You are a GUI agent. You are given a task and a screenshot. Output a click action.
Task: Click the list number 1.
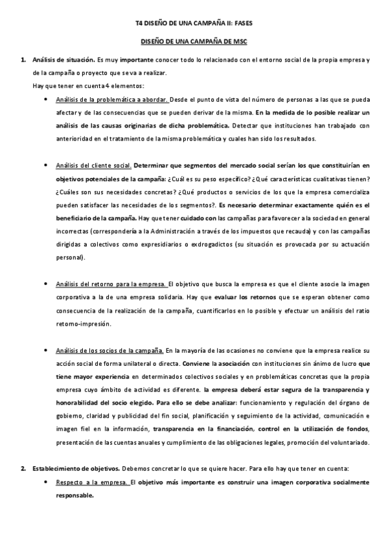(x=23, y=61)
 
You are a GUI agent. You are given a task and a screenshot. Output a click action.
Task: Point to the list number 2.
(x=23, y=468)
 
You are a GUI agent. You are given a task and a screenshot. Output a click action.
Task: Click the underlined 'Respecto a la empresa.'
(x=93, y=482)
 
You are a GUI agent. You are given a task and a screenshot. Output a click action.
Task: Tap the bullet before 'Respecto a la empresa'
(x=44, y=482)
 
